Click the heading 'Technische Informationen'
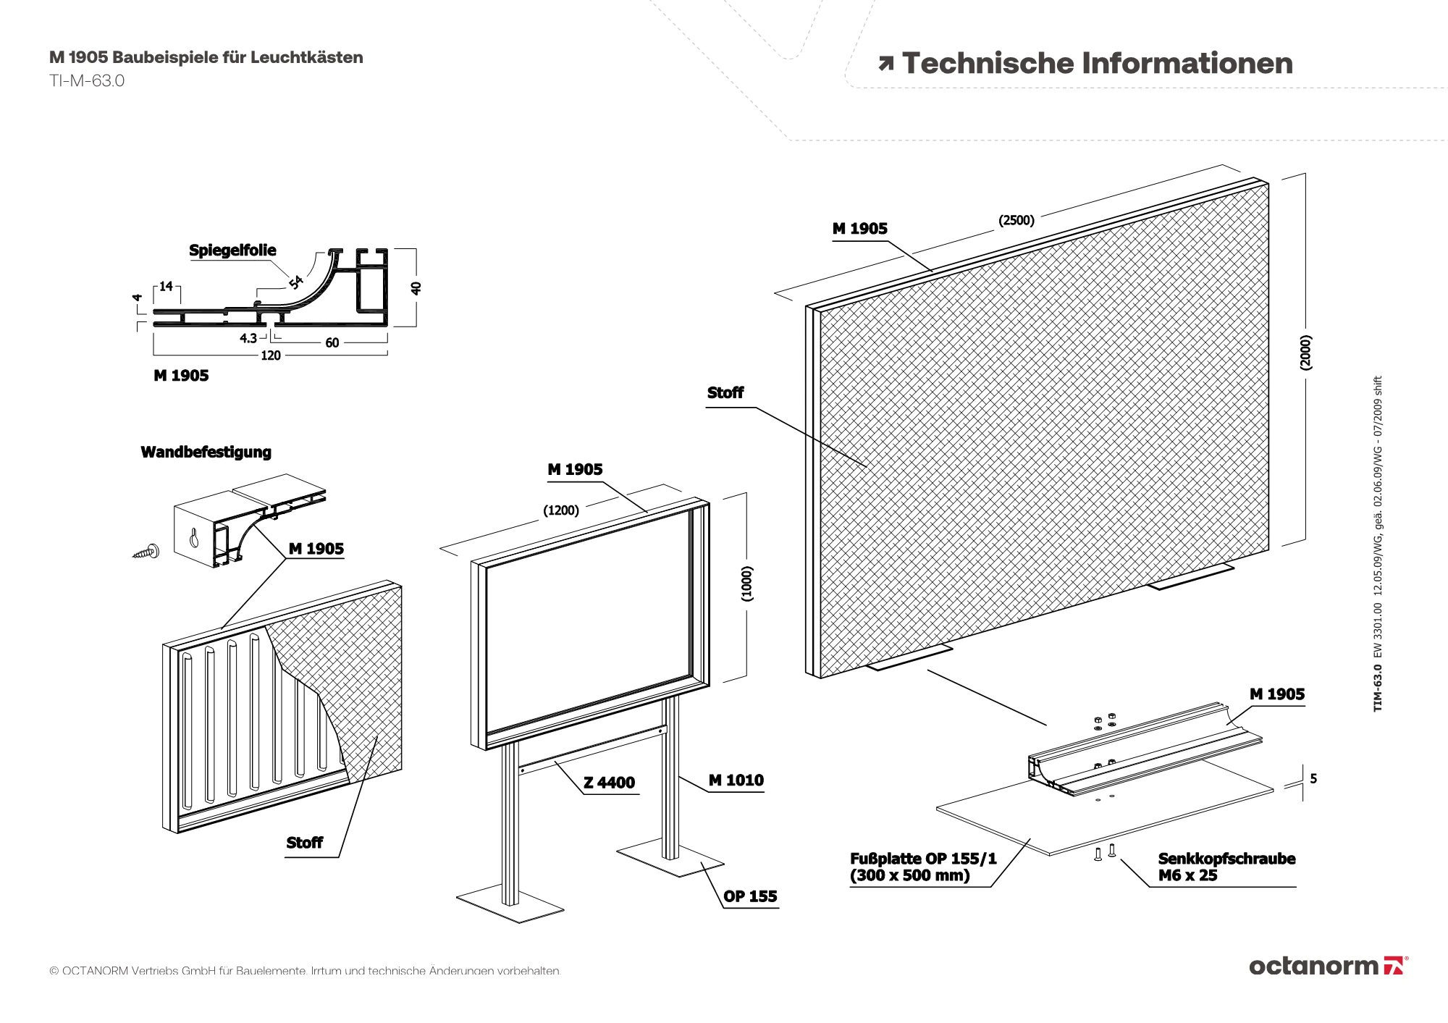(1097, 64)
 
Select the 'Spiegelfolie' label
(232, 251)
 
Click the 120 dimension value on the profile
(271, 355)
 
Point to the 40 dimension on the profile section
(416, 287)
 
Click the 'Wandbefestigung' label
(206, 452)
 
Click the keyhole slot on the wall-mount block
(194, 538)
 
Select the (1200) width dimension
(561, 510)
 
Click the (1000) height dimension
(747, 583)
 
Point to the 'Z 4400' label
(610, 783)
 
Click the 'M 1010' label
(736, 780)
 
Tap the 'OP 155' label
(750, 896)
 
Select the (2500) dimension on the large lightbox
(1016, 220)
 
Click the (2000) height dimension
(1305, 353)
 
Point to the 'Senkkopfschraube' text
(1226, 859)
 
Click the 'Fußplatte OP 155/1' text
(923, 859)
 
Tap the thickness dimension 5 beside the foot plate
(1313, 779)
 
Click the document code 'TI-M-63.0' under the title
(87, 81)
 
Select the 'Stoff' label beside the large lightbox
(725, 393)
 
